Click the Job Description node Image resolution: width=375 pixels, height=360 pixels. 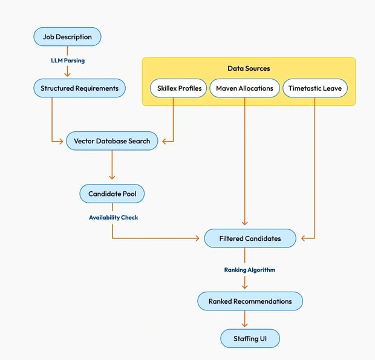point(67,37)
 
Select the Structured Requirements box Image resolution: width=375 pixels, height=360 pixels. point(79,88)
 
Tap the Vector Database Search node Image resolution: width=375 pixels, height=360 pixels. point(112,142)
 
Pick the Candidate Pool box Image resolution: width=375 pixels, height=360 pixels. point(112,194)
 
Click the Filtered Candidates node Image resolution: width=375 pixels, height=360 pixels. point(250,238)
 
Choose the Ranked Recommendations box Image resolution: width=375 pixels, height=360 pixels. point(250,301)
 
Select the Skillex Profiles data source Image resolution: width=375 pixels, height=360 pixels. point(180,88)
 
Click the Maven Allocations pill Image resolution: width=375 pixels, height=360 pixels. point(244,88)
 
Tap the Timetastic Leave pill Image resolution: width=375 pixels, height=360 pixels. point(315,88)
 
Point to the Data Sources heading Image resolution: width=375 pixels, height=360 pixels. point(249,69)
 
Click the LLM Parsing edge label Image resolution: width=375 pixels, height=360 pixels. point(67,61)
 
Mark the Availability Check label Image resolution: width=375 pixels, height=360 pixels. point(114,217)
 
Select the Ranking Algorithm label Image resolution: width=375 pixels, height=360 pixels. point(249,270)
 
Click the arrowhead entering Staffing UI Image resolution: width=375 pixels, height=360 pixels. point(245,326)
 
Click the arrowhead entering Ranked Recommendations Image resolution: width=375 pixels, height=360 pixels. point(245,287)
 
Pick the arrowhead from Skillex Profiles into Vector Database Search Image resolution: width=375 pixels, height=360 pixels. point(166,142)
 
